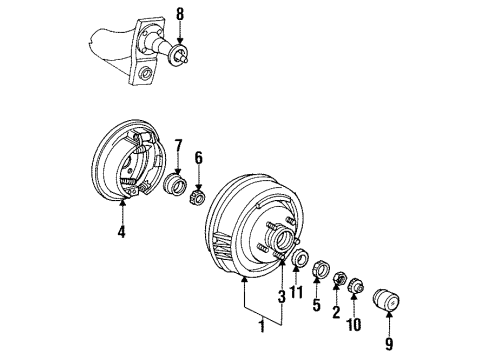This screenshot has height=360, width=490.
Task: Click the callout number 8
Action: (x=181, y=14)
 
